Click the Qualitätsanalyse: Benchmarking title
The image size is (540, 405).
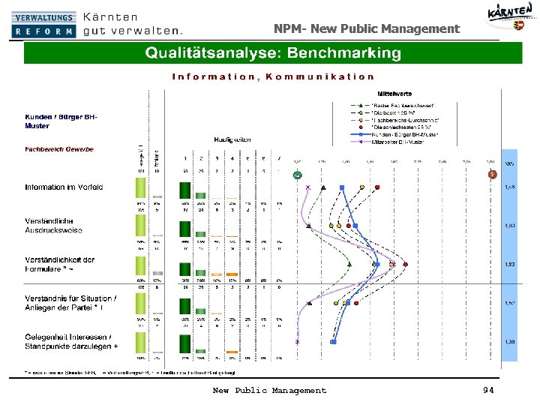(x=272, y=53)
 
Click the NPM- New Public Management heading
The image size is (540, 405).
(x=366, y=28)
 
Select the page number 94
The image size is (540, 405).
(x=489, y=390)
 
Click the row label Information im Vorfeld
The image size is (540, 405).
(x=64, y=187)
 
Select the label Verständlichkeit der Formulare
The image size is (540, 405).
(x=60, y=264)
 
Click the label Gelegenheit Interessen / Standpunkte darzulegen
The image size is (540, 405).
(x=70, y=341)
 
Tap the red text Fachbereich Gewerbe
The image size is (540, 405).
(x=59, y=149)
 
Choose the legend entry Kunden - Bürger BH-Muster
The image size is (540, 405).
(x=405, y=134)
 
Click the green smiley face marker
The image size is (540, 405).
(x=297, y=175)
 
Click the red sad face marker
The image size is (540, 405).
(x=492, y=175)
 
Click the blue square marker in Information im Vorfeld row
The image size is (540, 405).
(x=341, y=187)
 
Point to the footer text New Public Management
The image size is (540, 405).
(x=269, y=390)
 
